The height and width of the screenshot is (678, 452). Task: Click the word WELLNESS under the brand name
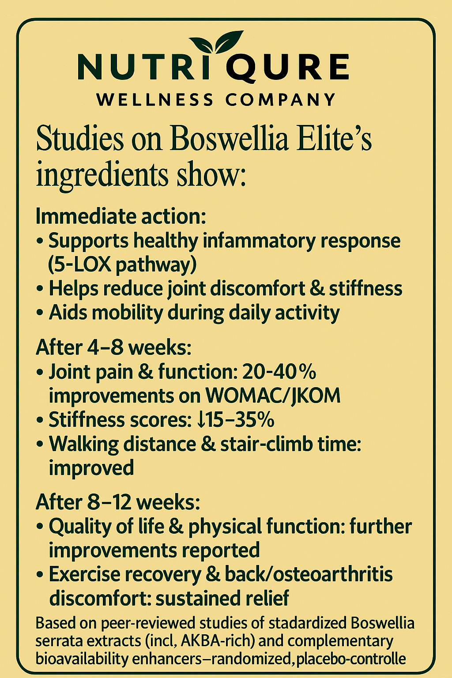(x=154, y=100)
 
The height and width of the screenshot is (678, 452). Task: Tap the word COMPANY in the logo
(x=281, y=100)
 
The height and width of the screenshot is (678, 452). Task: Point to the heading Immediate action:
(x=121, y=217)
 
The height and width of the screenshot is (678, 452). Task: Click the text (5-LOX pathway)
(x=122, y=265)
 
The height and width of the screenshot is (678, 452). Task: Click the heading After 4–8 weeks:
(x=113, y=347)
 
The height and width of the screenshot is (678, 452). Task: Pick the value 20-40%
(x=279, y=372)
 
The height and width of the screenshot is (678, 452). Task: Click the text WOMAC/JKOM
(x=273, y=395)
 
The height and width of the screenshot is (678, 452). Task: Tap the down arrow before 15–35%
(x=201, y=420)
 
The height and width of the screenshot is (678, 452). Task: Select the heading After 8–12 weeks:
(x=118, y=502)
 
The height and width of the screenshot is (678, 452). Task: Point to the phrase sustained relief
(x=222, y=599)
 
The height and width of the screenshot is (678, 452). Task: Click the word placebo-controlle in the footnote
(x=351, y=659)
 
